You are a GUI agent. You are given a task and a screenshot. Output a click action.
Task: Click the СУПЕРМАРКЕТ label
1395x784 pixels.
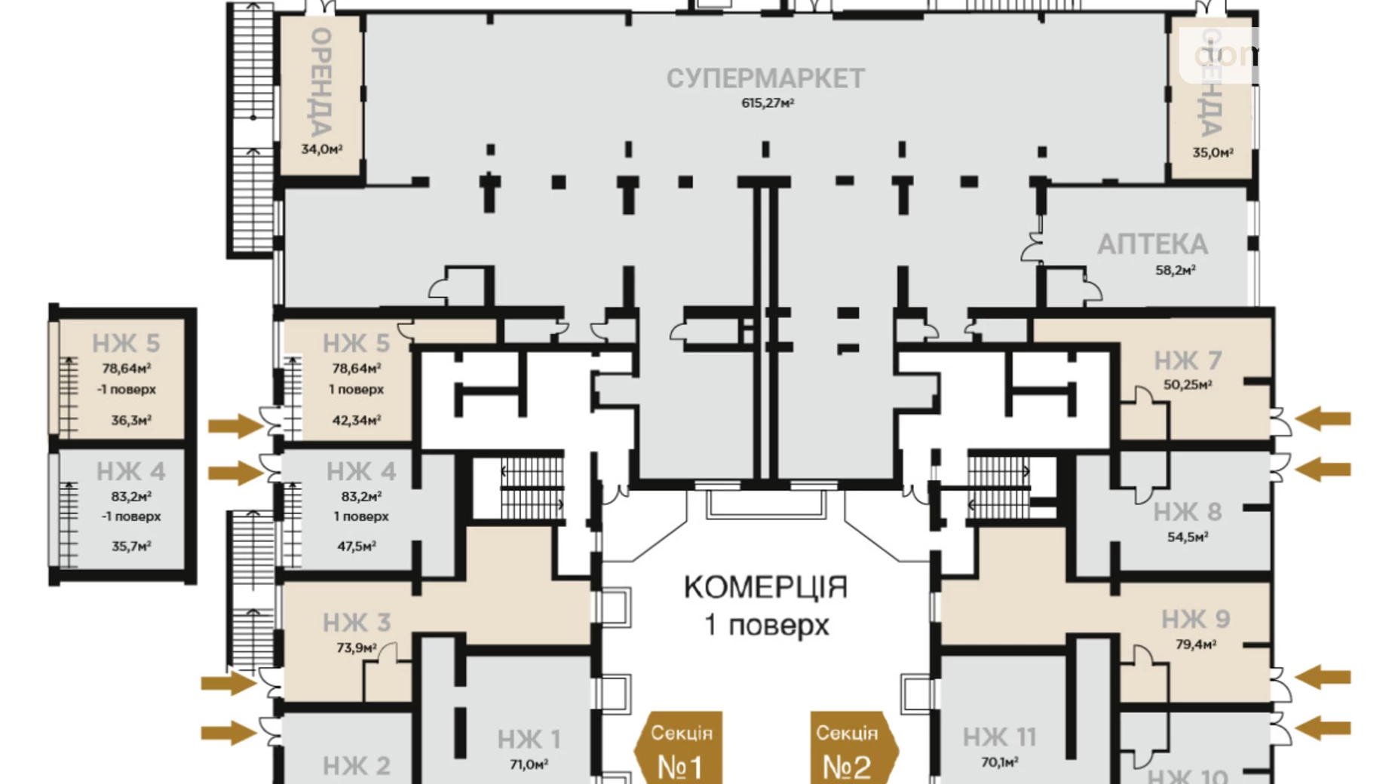pos(765,78)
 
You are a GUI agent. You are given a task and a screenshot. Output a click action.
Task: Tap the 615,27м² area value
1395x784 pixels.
pos(767,103)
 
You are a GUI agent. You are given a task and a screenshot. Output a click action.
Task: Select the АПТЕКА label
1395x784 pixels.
pos(1152,245)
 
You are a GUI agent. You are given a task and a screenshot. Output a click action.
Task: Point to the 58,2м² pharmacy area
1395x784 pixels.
pos(1175,270)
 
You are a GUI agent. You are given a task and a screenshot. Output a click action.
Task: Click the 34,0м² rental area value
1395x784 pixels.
pos(321,149)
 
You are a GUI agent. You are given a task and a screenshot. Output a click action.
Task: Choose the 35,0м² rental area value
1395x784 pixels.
pos(1212,152)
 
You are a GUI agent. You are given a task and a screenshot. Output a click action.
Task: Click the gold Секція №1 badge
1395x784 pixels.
pos(680,750)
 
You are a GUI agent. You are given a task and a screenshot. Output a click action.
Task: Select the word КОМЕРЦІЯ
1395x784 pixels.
pos(765,587)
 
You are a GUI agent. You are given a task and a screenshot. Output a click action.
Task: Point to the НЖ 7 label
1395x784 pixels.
pos(1187,361)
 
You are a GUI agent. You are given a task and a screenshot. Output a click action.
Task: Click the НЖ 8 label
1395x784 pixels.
pos(1187,513)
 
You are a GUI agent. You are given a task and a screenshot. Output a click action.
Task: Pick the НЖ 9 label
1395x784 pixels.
pos(1195,620)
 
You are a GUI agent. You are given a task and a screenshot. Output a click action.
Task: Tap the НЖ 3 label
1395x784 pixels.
pos(356,623)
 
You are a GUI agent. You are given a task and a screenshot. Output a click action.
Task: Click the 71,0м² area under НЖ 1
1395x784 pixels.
pos(528,764)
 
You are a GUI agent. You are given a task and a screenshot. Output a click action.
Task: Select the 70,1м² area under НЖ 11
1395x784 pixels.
pos(999,762)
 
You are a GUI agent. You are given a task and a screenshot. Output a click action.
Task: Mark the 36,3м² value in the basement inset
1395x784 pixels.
pos(131,420)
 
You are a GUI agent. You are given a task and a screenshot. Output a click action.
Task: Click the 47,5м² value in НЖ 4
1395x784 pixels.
pos(356,546)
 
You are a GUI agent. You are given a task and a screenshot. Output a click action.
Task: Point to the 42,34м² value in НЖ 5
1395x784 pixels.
pos(356,420)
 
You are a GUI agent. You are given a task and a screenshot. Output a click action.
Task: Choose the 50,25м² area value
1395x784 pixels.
pos(1187,384)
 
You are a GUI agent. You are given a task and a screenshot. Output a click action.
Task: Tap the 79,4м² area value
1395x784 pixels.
pos(1195,645)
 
